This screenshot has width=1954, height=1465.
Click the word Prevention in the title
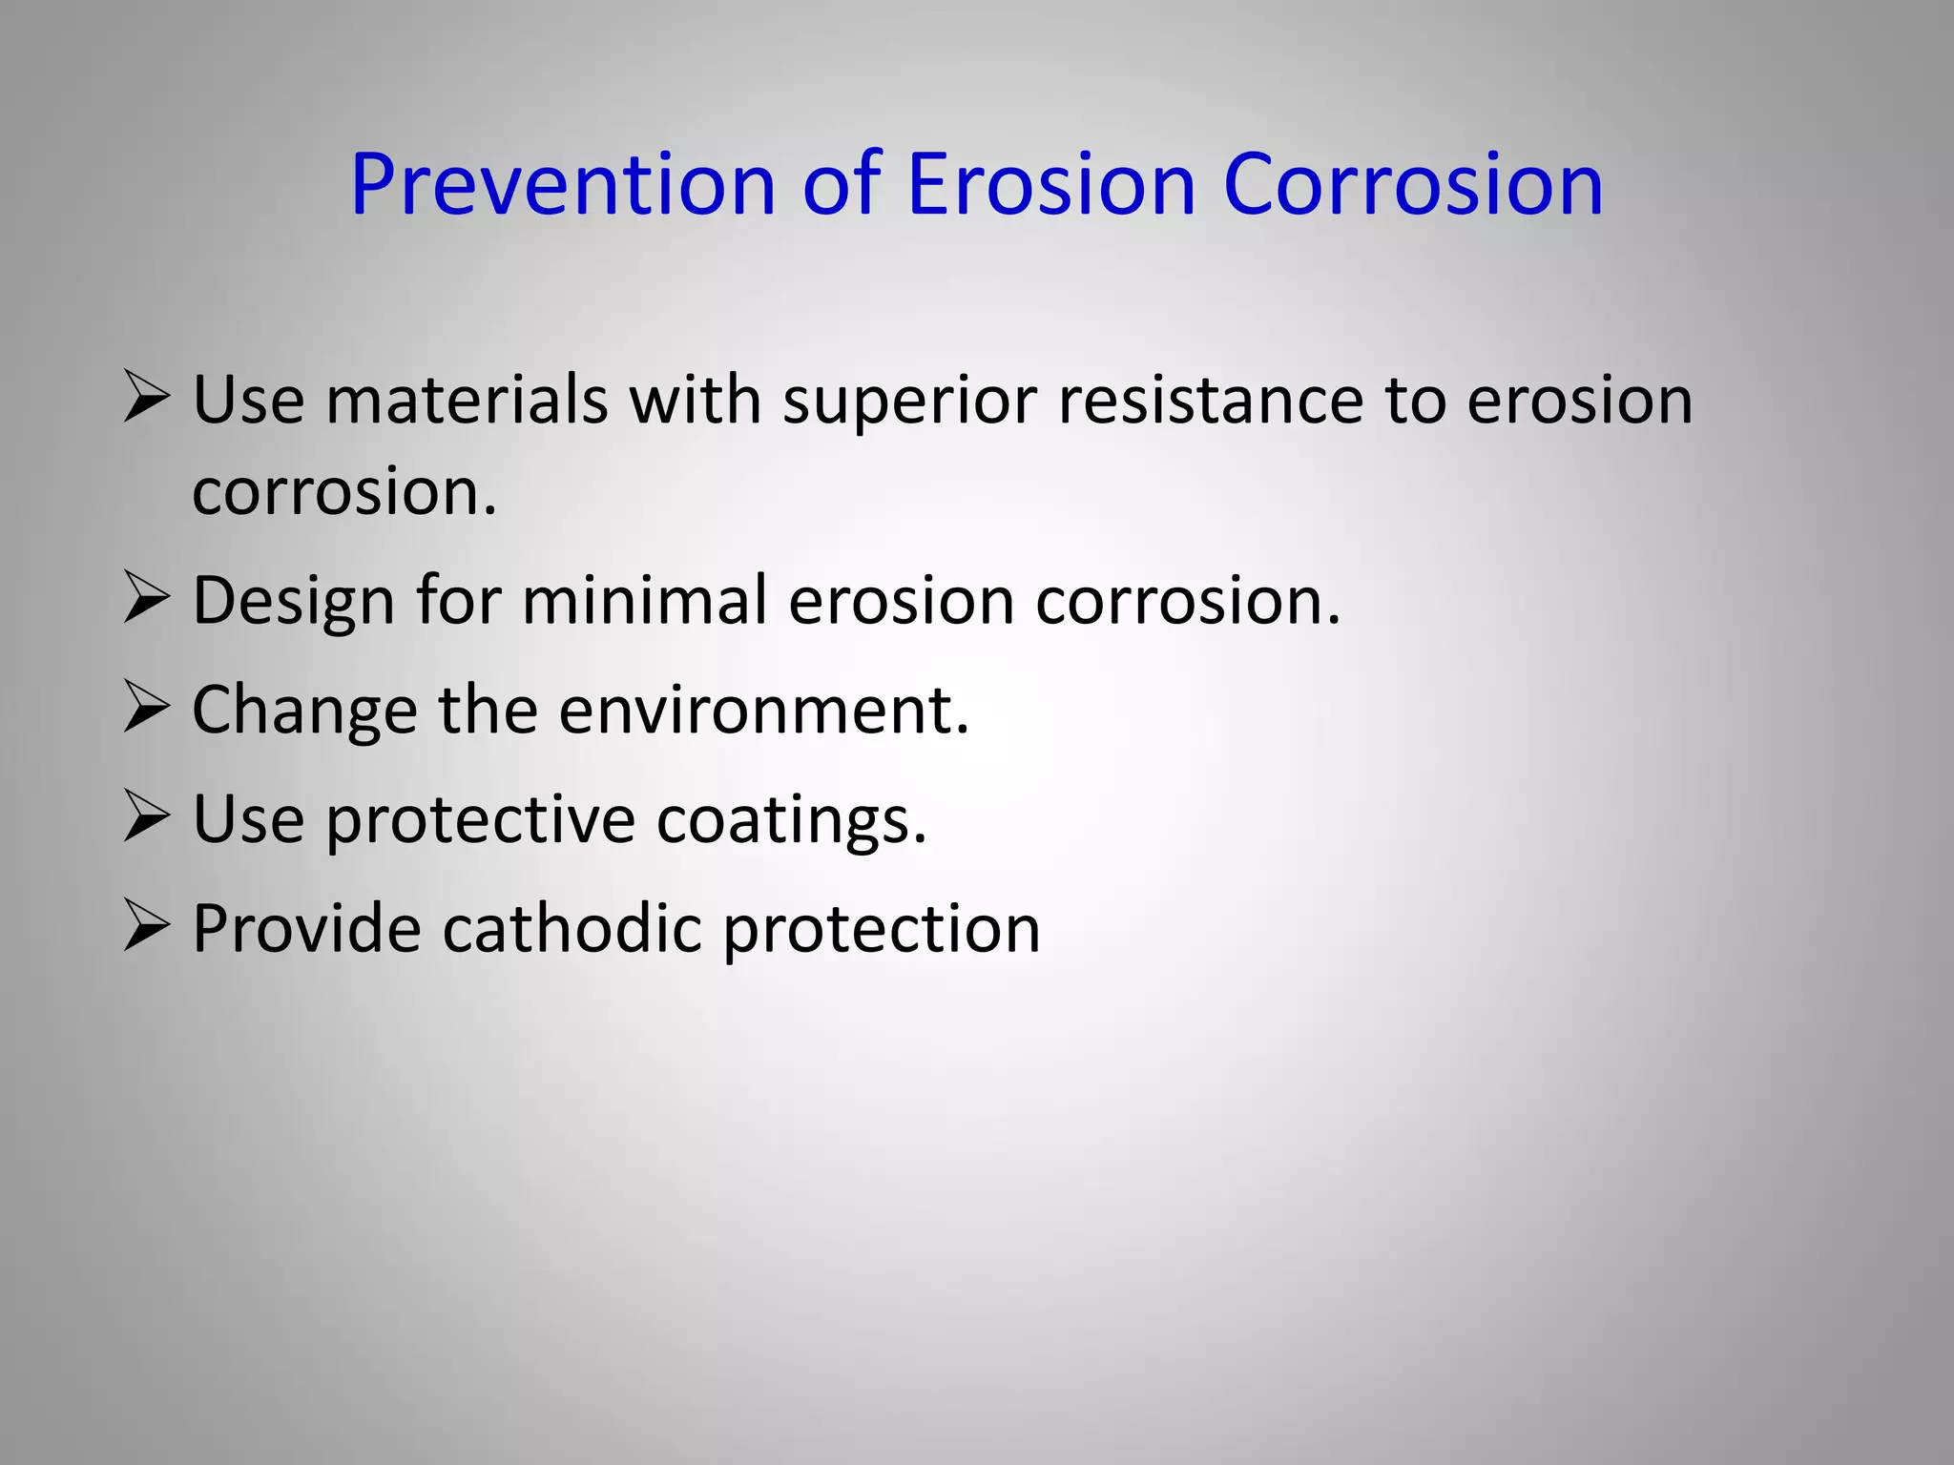(563, 185)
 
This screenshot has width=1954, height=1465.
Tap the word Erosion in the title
(1050, 185)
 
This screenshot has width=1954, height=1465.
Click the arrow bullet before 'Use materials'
(146, 399)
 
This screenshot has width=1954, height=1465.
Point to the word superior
(909, 401)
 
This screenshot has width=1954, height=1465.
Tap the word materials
(467, 401)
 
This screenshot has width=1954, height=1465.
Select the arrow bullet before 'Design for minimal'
(146, 600)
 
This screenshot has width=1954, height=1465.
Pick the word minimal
(645, 601)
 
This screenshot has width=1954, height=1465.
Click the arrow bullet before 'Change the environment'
(146, 710)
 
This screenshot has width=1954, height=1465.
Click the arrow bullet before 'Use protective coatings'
(146, 819)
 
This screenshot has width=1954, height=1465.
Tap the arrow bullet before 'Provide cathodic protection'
(146, 928)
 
